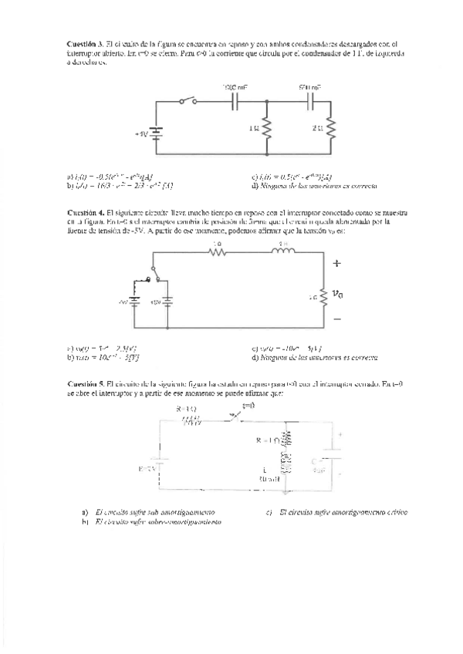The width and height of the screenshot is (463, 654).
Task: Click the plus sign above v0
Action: (336, 264)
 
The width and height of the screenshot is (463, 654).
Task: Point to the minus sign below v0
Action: (336, 318)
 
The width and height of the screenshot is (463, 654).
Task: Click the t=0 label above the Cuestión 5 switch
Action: (248, 405)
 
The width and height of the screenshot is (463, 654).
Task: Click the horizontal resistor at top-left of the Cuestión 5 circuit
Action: (190, 421)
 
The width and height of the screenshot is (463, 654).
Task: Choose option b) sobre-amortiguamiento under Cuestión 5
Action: (150, 523)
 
